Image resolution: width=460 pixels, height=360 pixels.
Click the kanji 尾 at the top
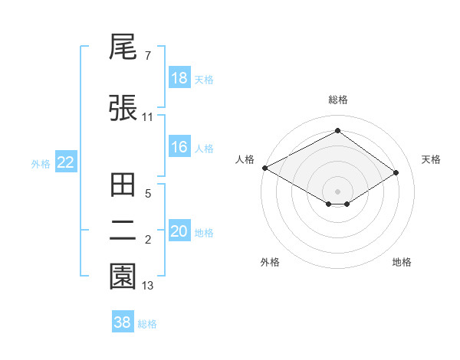click(x=123, y=49)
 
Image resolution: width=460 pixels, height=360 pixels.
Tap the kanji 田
click(x=123, y=185)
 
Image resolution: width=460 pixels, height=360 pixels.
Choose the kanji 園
click(x=123, y=277)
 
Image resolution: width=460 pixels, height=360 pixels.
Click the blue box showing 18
click(x=179, y=78)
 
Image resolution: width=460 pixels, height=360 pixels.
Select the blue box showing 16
click(x=179, y=147)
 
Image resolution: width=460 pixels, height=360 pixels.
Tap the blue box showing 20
click(x=179, y=231)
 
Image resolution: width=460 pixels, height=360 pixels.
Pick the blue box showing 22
click(x=66, y=162)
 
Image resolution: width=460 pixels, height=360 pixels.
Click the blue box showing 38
click(x=123, y=322)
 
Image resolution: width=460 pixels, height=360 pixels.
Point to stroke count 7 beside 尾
click(x=147, y=56)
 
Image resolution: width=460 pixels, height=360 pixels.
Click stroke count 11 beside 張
click(x=148, y=117)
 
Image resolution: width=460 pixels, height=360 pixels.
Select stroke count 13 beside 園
click(x=148, y=286)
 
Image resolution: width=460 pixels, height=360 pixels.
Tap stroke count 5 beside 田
click(x=147, y=194)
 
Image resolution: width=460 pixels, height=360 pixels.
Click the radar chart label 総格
click(x=337, y=100)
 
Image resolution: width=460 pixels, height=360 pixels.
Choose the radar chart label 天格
click(x=431, y=159)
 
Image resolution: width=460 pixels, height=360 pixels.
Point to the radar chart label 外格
click(x=270, y=262)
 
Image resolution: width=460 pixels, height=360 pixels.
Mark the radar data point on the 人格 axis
click(x=264, y=168)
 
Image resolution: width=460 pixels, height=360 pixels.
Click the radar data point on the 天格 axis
click(x=396, y=172)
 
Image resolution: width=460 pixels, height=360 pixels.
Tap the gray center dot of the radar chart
click(x=337, y=191)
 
